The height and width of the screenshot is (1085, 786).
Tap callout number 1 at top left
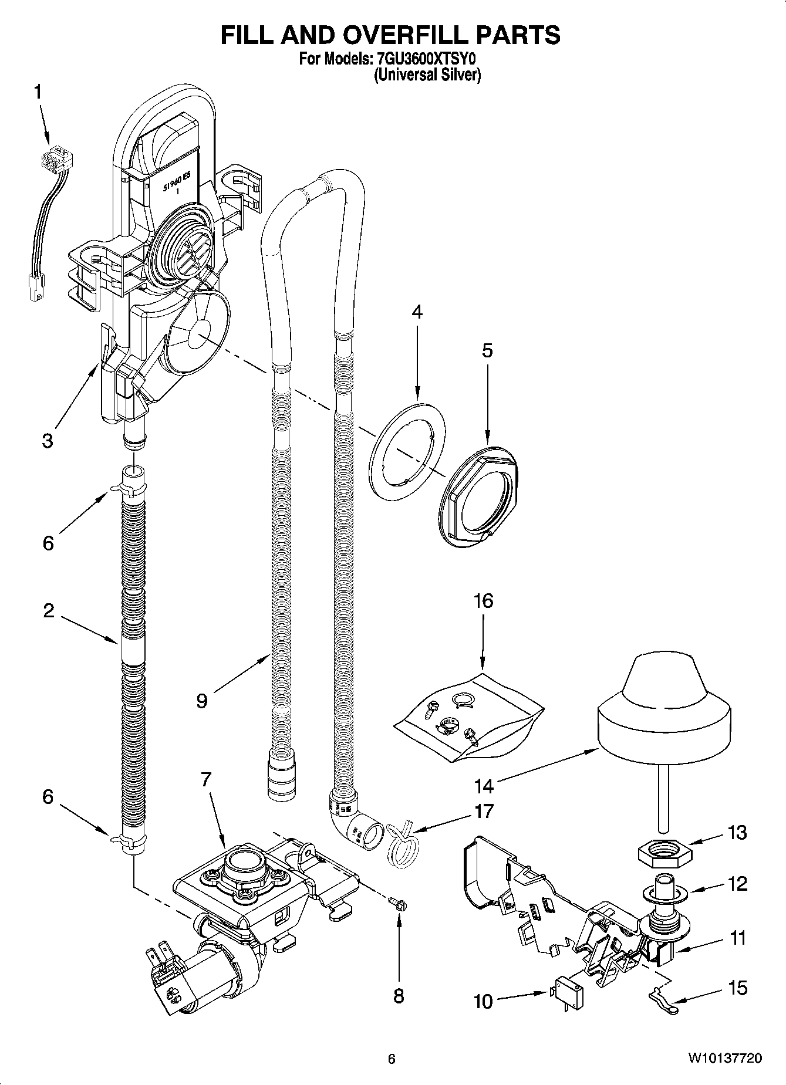38,92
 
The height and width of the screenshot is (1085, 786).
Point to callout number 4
417,312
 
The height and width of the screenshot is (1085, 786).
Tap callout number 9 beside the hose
202,701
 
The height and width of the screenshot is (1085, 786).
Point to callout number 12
738,883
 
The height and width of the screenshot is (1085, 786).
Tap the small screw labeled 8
400,905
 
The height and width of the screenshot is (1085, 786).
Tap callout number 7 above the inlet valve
206,779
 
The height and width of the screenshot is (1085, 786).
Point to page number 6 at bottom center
392,1059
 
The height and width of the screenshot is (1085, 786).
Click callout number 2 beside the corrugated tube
48,610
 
